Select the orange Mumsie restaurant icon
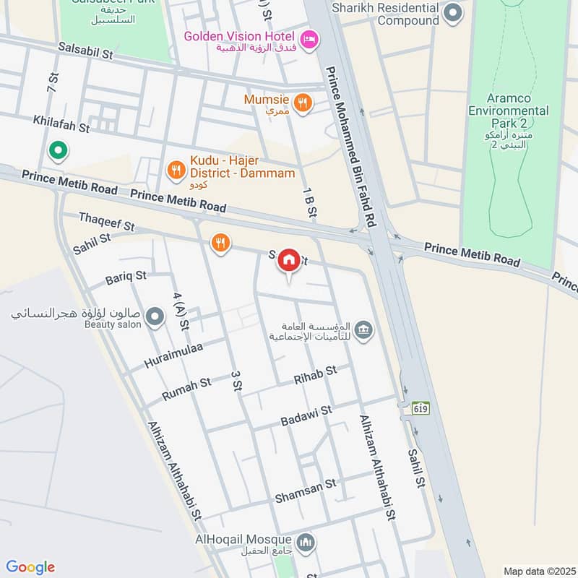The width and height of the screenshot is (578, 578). click(x=303, y=103)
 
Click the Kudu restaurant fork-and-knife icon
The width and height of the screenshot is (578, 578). click(x=175, y=170)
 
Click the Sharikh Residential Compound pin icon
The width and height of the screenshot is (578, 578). click(x=453, y=12)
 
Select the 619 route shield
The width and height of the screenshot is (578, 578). click(x=421, y=407)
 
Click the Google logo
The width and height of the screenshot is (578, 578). click(x=30, y=567)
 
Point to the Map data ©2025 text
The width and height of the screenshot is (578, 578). click(x=538, y=571)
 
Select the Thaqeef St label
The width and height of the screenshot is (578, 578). click(x=106, y=221)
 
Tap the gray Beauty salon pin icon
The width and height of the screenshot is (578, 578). click(x=154, y=316)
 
